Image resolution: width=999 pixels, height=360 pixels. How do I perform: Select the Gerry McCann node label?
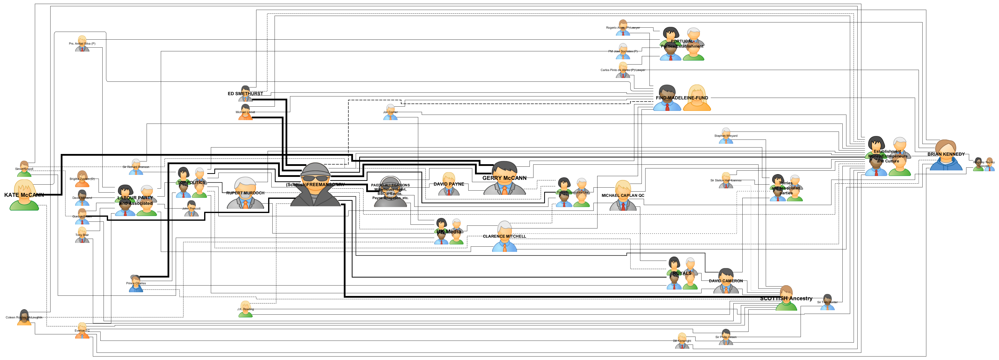click(504, 178)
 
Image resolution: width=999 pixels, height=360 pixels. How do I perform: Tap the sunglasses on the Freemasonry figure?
click(315, 178)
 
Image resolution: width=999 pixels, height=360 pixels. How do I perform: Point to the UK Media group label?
click(449, 232)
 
